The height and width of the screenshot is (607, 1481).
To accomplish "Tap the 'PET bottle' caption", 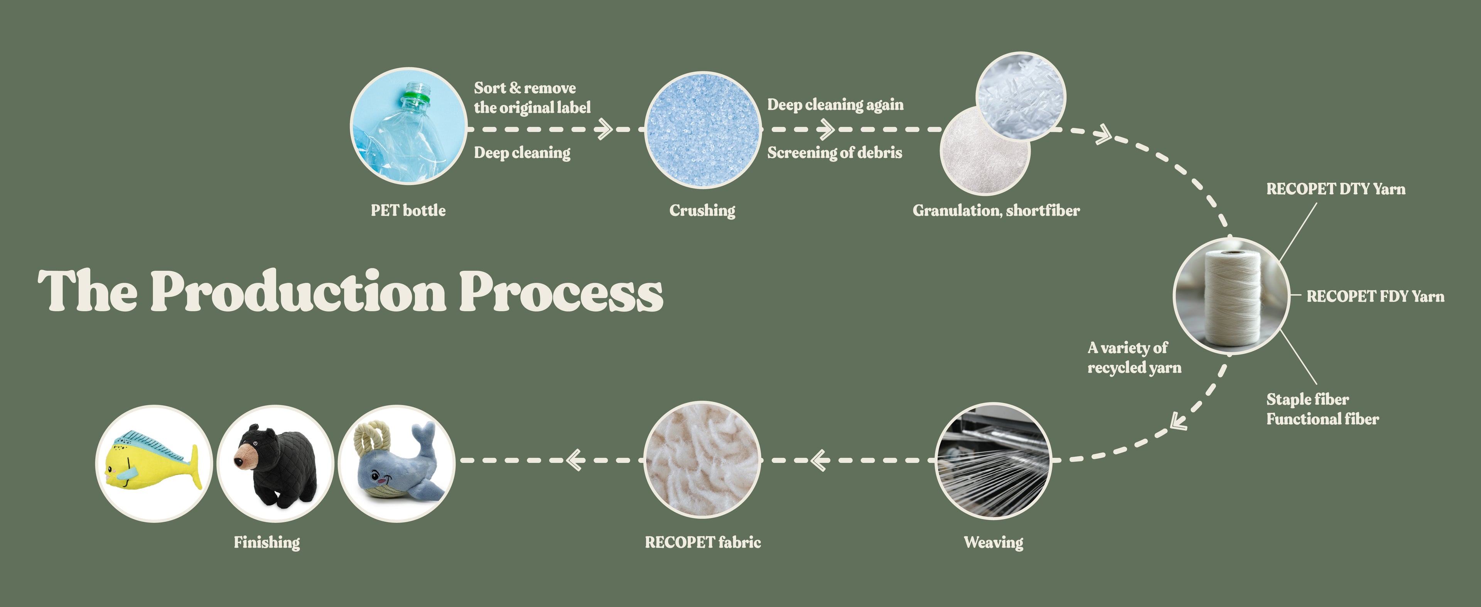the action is tap(408, 211).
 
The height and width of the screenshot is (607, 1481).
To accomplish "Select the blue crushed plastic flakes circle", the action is tap(703, 130).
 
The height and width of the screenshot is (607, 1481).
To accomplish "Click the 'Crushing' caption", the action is tap(702, 211).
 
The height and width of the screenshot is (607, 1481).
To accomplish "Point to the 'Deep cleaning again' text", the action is tap(835, 105).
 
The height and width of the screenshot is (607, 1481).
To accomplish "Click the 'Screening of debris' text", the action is tap(835, 152).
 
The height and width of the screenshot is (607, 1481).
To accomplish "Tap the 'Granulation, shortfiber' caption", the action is tap(996, 211).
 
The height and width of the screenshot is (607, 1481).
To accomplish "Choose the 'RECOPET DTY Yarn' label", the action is tap(1336, 189).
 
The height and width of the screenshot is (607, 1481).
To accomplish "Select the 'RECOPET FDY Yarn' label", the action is tap(1375, 297).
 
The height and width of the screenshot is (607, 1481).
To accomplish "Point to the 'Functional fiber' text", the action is tap(1322, 419).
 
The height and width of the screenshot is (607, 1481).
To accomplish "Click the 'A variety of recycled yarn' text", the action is tap(1134, 357).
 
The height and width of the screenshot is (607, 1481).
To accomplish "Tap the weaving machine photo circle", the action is tap(994, 460).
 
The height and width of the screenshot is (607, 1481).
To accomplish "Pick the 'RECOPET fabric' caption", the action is tap(703, 542).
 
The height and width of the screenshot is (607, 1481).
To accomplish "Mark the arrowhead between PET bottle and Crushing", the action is tap(603, 129).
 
